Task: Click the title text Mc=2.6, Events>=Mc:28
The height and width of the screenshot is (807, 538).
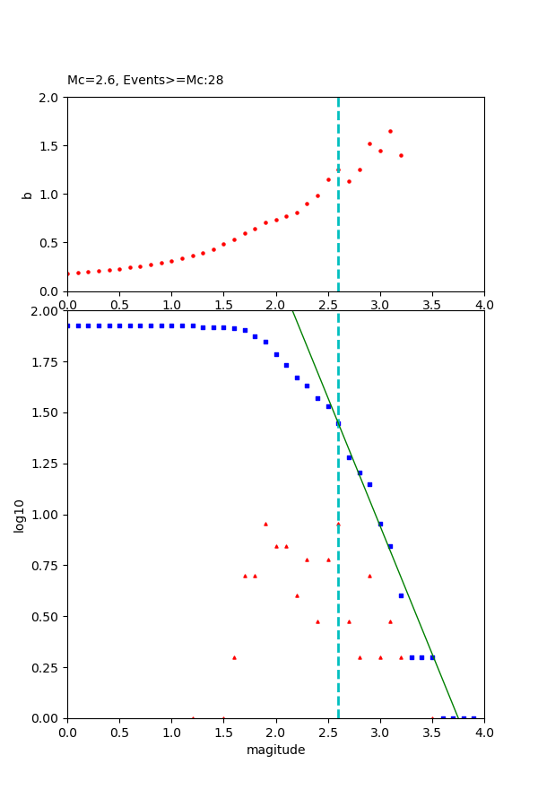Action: pyautogui.click(x=145, y=80)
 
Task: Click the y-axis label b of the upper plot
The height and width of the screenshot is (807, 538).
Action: pyautogui.click(x=27, y=194)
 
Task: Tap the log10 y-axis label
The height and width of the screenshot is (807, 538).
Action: pyautogui.click(x=19, y=515)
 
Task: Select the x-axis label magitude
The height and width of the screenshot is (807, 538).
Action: pyautogui.click(x=275, y=750)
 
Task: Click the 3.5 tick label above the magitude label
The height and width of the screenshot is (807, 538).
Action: pyautogui.click(x=432, y=733)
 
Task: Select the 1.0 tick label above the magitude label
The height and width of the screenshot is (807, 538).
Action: pyautogui.click(x=171, y=733)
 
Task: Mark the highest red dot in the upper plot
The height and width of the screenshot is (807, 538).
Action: pyautogui.click(x=390, y=131)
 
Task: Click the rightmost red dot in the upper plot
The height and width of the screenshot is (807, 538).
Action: pyautogui.click(x=401, y=155)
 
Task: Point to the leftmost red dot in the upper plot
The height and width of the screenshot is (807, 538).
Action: pyautogui.click(x=67, y=273)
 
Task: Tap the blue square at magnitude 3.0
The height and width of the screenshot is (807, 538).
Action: pyautogui.click(x=380, y=524)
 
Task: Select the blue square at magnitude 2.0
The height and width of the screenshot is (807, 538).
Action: pyautogui.click(x=276, y=354)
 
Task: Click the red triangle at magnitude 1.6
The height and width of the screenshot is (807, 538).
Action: pyautogui.click(x=234, y=657)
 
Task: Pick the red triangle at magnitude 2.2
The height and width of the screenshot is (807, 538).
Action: pyautogui.click(x=297, y=595)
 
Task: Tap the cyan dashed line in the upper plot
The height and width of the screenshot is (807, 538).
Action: pyautogui.click(x=338, y=233)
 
